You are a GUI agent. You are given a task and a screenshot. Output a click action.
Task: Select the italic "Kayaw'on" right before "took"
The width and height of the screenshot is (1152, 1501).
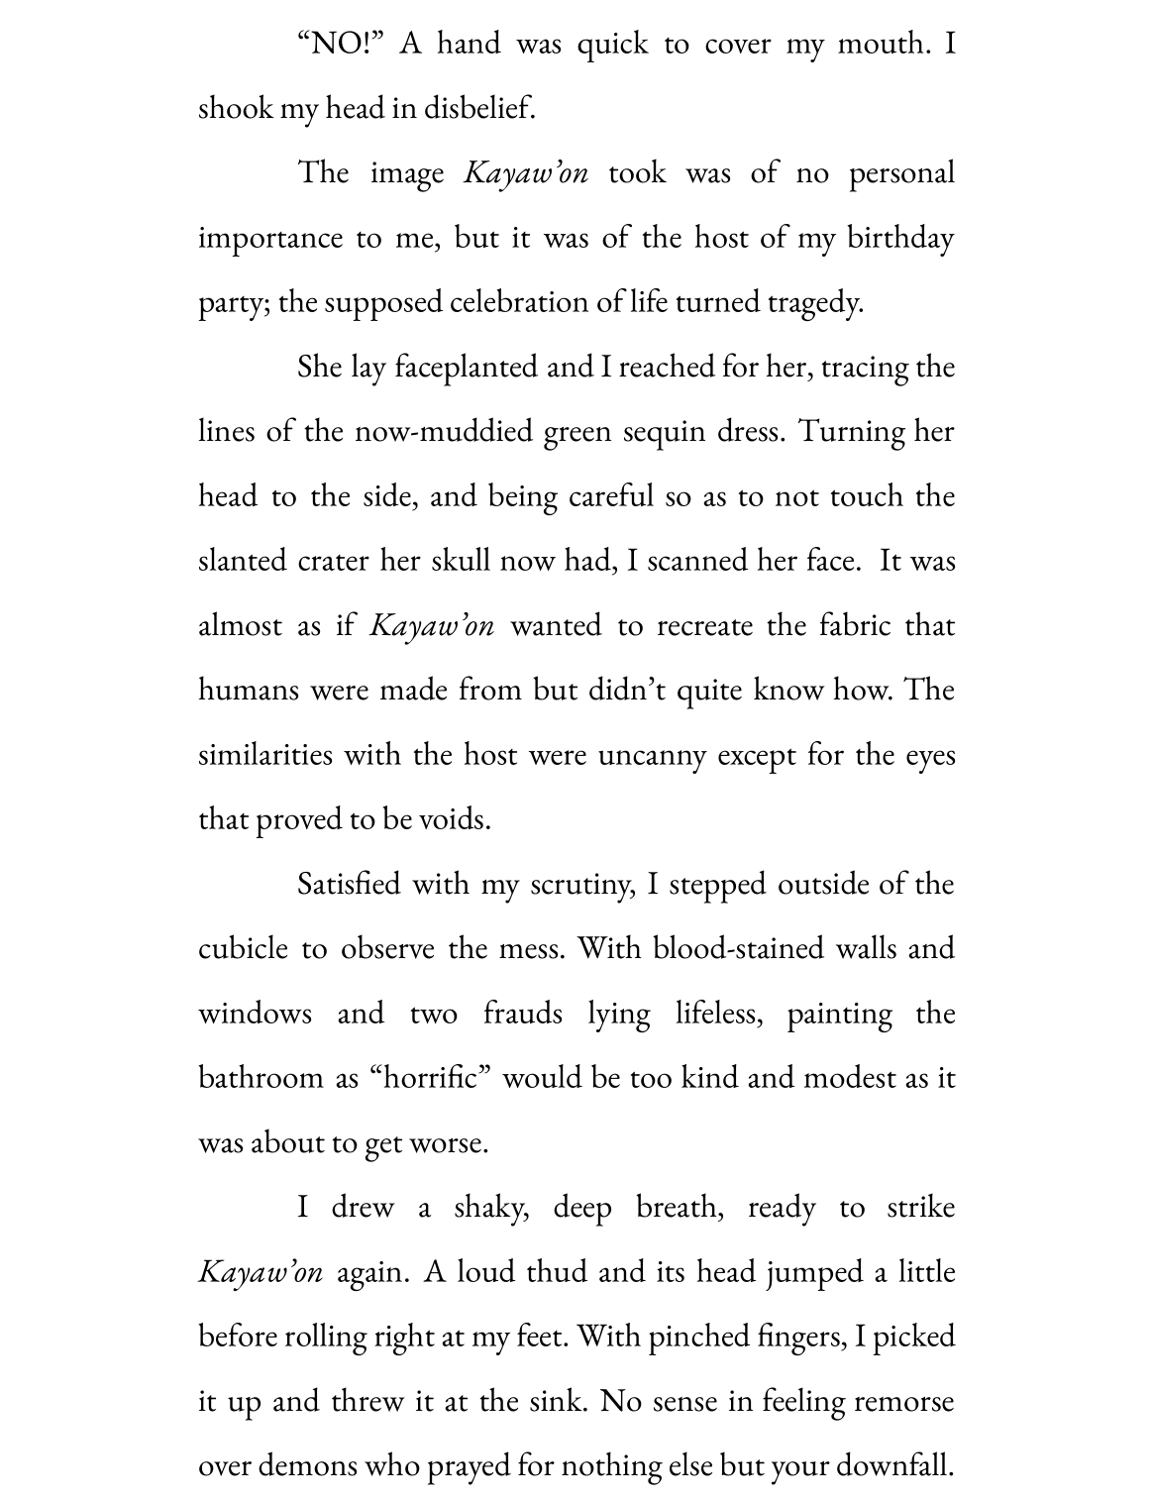(526, 173)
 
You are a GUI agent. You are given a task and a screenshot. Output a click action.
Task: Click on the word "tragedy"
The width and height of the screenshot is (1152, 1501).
(814, 303)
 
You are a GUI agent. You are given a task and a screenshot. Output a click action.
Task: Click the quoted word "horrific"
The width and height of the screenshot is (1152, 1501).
(431, 1079)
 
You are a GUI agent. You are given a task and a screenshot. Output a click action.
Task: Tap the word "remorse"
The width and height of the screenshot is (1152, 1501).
(903, 1402)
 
